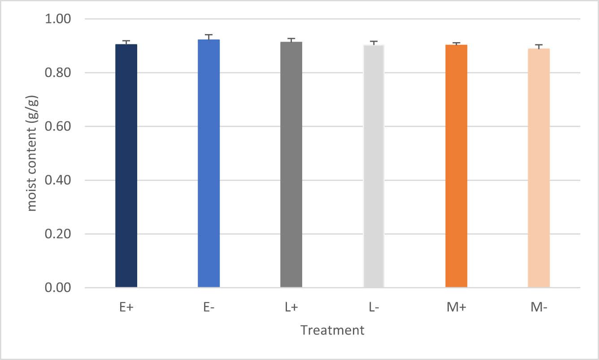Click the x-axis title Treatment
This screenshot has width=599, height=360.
pos(332,330)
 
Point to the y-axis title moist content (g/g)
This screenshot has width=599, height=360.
pos(32,153)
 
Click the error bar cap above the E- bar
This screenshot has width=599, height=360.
pos(208,35)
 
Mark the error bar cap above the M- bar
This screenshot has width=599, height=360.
pos(538,45)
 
